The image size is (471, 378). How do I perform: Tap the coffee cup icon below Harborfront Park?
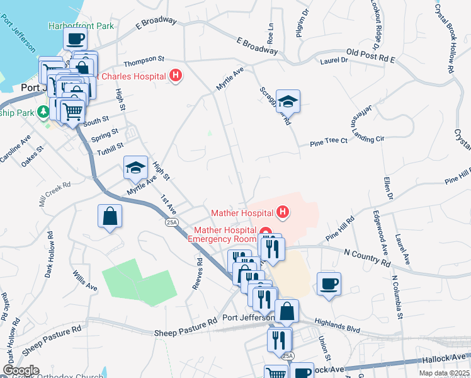point(75,38)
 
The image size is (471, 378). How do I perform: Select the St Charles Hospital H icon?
point(176,76)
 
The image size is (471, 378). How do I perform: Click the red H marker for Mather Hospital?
point(283,212)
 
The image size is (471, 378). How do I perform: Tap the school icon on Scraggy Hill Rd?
point(288,101)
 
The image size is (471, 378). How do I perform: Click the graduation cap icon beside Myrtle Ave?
point(135,168)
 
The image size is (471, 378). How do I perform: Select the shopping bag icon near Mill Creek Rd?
point(110,216)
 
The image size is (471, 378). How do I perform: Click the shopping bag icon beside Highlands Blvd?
point(287,311)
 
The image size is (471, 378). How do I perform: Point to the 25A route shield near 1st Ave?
point(172,222)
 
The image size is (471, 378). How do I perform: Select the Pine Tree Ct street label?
point(329,142)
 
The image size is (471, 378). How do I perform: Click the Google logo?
point(21,370)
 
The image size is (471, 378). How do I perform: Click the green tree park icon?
point(43,112)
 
